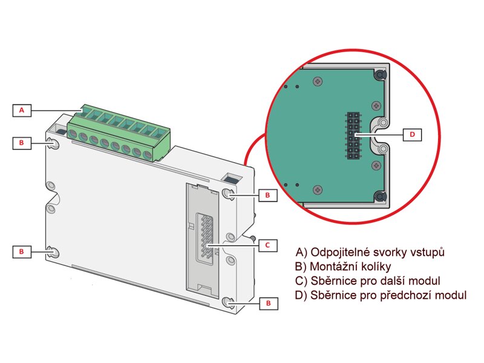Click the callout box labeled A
(22, 110)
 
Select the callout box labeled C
(267, 245)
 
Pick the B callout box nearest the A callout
(22, 143)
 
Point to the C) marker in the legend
(301, 281)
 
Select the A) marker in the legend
(301, 252)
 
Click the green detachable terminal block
(119, 134)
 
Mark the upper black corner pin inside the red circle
(379, 75)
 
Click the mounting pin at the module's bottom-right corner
(228, 302)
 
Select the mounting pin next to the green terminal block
(53, 144)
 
